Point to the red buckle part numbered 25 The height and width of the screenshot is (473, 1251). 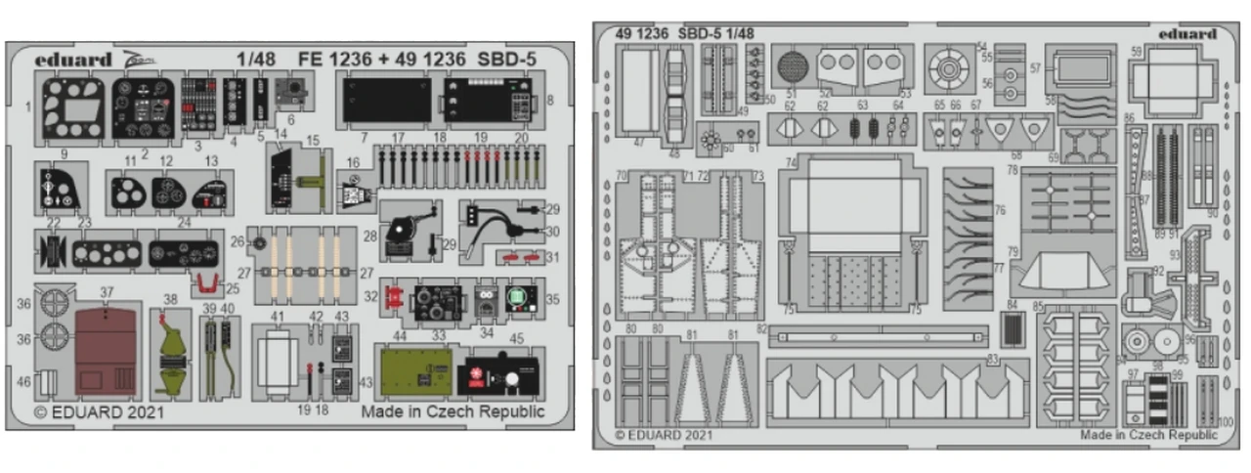(x=206, y=284)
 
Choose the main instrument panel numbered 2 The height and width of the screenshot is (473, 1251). (x=143, y=107)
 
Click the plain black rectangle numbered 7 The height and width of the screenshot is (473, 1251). (x=386, y=100)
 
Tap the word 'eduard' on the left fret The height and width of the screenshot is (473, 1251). (x=73, y=59)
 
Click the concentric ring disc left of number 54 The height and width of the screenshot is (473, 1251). (x=947, y=68)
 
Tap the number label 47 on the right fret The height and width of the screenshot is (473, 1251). (x=639, y=143)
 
